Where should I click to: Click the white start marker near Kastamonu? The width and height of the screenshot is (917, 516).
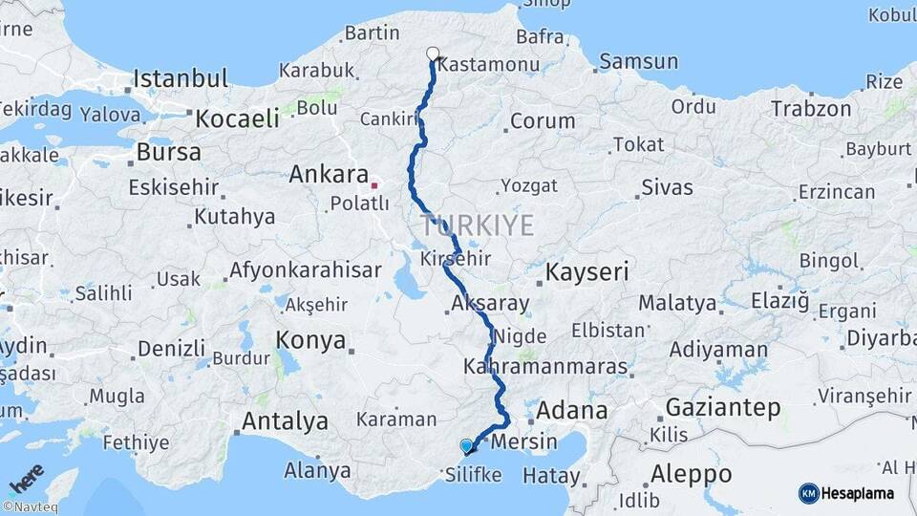433,54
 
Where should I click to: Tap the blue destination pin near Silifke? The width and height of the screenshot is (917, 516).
466,445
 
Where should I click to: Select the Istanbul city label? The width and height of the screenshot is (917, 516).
181,78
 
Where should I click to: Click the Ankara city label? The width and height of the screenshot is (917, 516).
329,175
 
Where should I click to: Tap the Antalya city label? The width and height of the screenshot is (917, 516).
285,420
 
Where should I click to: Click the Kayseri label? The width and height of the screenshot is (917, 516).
586,272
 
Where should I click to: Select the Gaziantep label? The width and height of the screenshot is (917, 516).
722,407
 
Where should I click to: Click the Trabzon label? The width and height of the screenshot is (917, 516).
811,108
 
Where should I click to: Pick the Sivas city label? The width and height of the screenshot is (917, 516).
667,186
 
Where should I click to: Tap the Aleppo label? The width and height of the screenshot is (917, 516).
691,474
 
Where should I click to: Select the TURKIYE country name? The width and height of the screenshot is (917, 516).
477,226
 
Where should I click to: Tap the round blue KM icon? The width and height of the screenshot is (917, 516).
809,493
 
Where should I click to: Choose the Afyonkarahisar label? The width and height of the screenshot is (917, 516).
306,269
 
